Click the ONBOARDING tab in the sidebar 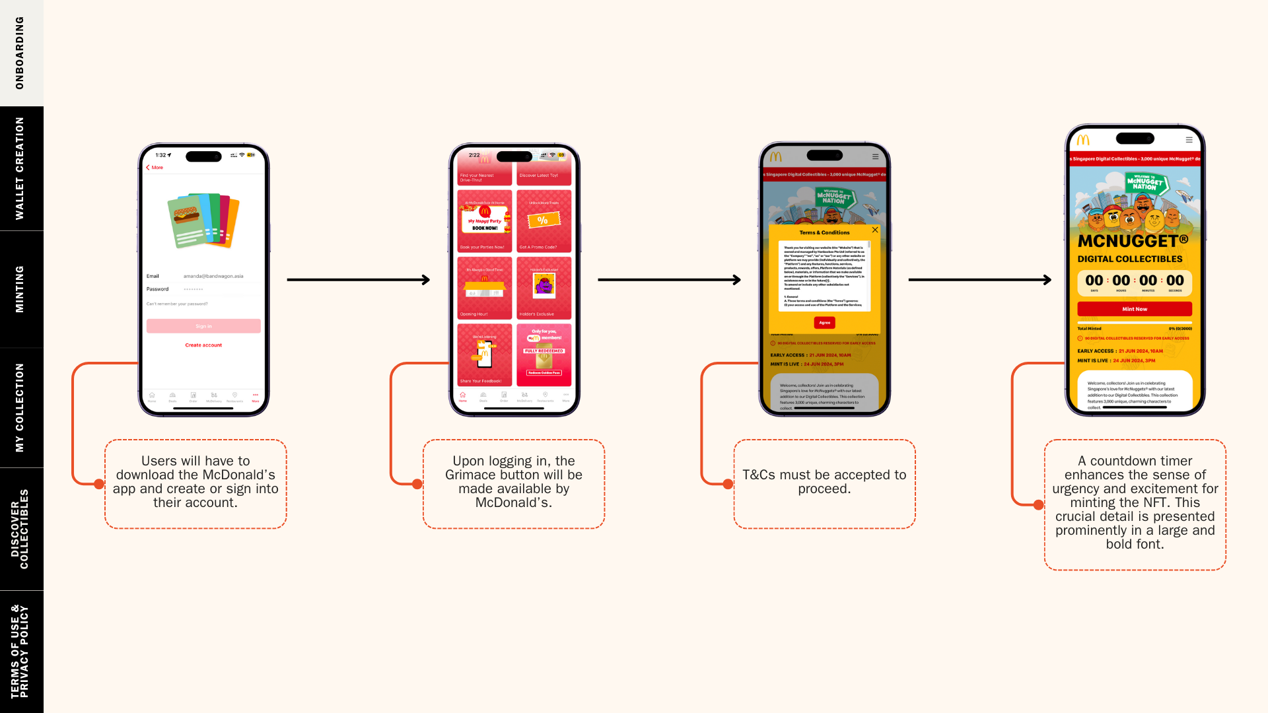pos(20,53)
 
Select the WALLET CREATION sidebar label pos(20,168)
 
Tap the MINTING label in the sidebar pos(20,289)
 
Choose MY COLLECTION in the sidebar pos(20,407)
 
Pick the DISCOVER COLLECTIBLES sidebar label pos(20,529)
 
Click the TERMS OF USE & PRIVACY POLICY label pos(20,652)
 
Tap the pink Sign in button pos(203,326)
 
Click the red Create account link pos(203,345)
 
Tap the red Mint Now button pos(1135,309)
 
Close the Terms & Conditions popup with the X pos(875,230)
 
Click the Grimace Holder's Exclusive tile pos(544,288)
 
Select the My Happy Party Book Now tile pos(485,221)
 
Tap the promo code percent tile pos(544,221)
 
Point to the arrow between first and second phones pos(359,280)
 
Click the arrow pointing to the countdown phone pos(980,280)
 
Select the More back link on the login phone pos(155,168)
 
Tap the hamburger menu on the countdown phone pos(1189,140)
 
